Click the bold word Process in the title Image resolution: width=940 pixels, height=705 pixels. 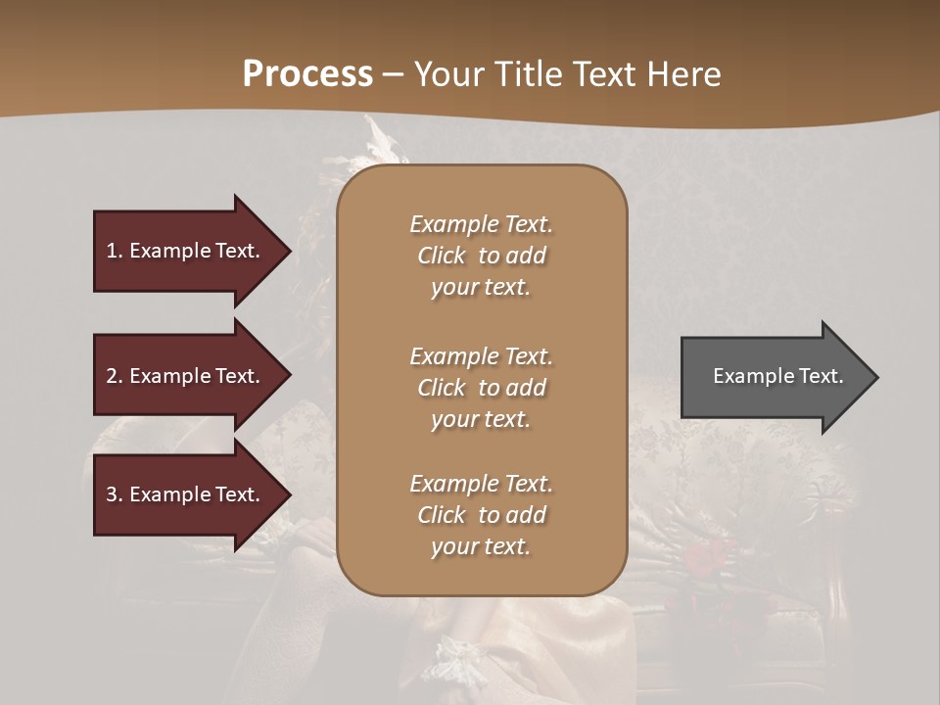307,74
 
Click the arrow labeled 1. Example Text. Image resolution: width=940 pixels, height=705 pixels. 186,251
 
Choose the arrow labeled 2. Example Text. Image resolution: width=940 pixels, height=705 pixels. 186,376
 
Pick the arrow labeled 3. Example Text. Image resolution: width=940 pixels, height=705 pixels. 186,494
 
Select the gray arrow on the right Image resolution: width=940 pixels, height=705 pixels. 774,376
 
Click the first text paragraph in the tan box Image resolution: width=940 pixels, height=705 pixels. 481,256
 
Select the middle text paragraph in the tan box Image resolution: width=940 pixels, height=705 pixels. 481,388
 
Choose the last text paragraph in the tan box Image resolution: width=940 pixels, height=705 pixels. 481,515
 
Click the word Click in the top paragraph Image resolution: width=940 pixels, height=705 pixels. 442,256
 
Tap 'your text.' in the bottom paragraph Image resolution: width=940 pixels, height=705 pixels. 481,546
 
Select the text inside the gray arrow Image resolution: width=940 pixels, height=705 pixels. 777,376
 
